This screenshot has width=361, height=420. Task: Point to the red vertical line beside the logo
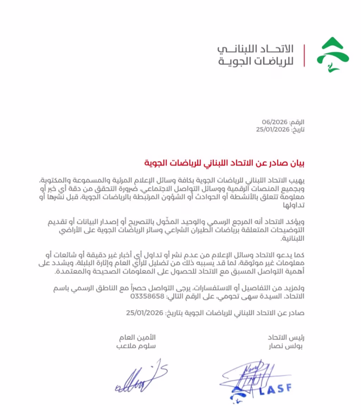304,55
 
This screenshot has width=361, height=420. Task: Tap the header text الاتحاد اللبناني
256,49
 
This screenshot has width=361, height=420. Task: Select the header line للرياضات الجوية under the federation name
256,61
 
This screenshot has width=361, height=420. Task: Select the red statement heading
224,163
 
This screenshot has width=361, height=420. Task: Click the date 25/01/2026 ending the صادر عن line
144,313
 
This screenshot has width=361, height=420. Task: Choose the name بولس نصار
290,346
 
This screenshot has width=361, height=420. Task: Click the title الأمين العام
141,337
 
